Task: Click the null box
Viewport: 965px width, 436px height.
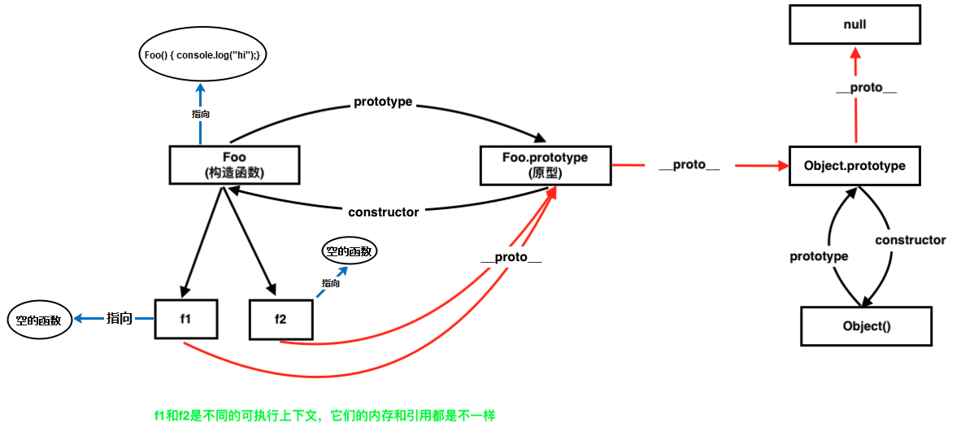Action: point(854,25)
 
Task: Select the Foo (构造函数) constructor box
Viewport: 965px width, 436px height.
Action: point(234,164)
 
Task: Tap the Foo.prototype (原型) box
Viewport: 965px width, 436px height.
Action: point(545,164)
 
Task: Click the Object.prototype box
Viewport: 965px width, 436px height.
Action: point(854,166)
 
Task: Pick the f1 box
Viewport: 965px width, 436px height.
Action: point(186,318)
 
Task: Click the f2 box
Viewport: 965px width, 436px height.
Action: point(280,319)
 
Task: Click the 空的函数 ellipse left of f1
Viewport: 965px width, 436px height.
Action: point(39,320)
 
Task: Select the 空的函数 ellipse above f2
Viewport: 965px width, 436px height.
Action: point(350,251)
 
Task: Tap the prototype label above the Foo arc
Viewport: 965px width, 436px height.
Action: point(383,102)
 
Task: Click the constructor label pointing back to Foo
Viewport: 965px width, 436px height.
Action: point(383,212)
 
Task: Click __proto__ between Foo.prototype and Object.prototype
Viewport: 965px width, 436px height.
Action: point(689,166)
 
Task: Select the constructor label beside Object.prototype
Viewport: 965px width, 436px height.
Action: point(910,240)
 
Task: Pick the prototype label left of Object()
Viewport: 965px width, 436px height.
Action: point(819,256)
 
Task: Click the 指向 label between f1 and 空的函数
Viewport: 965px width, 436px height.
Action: point(120,319)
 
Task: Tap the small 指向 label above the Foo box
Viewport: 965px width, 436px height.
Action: point(201,115)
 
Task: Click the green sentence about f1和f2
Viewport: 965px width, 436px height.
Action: point(324,416)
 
